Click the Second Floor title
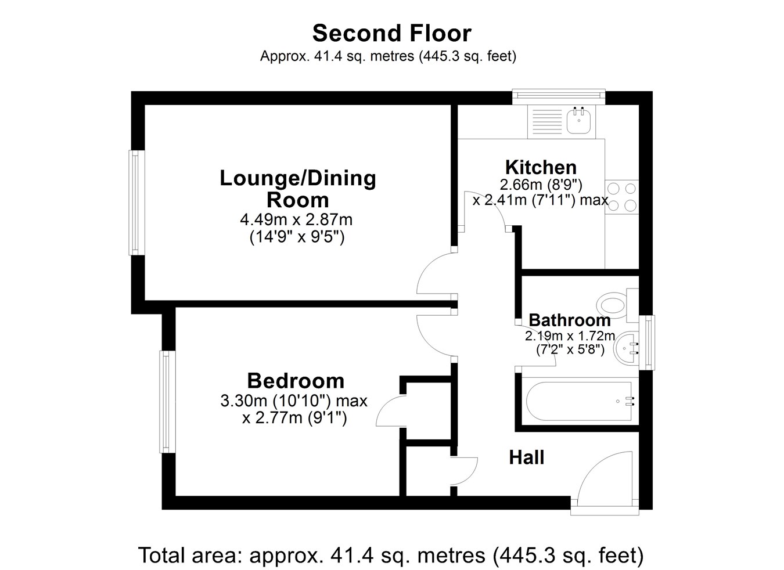[391, 34]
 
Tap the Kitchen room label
[541, 168]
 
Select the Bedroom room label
[296, 381]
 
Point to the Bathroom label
[570, 320]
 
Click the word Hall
[527, 457]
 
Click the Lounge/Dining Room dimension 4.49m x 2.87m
[296, 220]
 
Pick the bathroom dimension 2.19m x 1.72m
[570, 336]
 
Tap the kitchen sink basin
[578, 121]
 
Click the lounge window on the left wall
[137, 203]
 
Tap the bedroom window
[167, 402]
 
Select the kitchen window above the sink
[559, 96]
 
